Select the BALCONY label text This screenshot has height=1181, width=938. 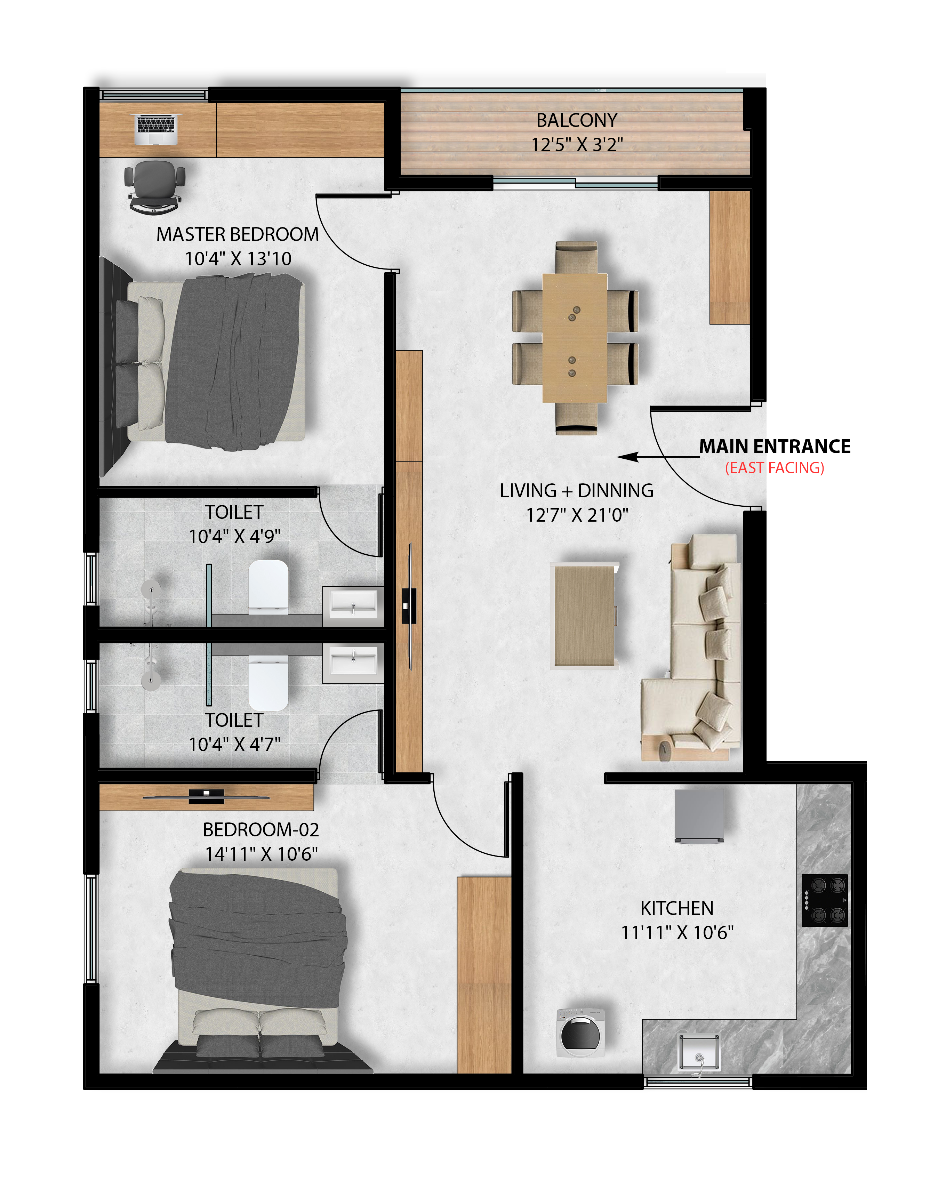point(576,120)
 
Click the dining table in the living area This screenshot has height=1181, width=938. point(574,337)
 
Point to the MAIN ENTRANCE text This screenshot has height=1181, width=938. point(774,447)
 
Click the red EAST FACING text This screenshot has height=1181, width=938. point(774,468)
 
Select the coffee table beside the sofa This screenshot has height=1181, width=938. point(584,616)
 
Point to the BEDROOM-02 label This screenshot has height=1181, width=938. point(261,829)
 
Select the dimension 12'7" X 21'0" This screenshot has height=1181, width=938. point(577,515)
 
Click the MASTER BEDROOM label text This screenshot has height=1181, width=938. point(237,234)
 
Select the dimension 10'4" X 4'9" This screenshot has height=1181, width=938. point(234,536)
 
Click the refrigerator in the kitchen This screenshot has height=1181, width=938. point(699,816)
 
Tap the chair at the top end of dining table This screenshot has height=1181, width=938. point(576,257)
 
